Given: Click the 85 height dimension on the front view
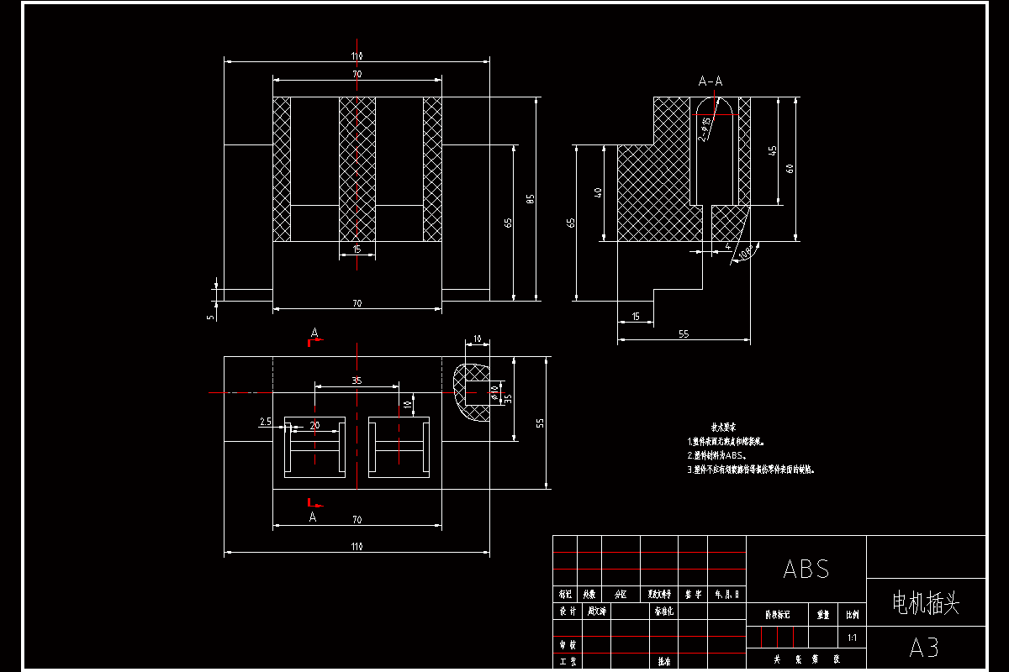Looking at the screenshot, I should pos(530,198).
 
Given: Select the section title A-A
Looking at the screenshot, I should pos(711,81).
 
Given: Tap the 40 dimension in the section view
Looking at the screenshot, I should pos(598,192).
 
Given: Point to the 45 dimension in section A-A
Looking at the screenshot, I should pos(773,150).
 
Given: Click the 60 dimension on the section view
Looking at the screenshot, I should pos(790,168).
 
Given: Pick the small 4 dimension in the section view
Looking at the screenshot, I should pos(727,247).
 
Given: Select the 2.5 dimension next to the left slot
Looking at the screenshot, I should pos(266,422).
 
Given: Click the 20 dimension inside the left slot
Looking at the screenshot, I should pos(314,425).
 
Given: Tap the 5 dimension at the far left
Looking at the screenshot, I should pos(210,316).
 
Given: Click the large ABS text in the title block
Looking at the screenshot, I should pos(806,569).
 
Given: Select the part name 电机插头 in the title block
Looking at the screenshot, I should pos(925,602).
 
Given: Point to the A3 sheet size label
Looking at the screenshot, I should pos(924,648).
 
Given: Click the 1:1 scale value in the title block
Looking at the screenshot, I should pos(852,638).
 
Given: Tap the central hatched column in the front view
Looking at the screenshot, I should pos(357,168).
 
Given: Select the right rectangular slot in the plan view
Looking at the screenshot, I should pos(399,447).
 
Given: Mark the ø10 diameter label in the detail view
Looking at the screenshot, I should pos(495,391).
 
